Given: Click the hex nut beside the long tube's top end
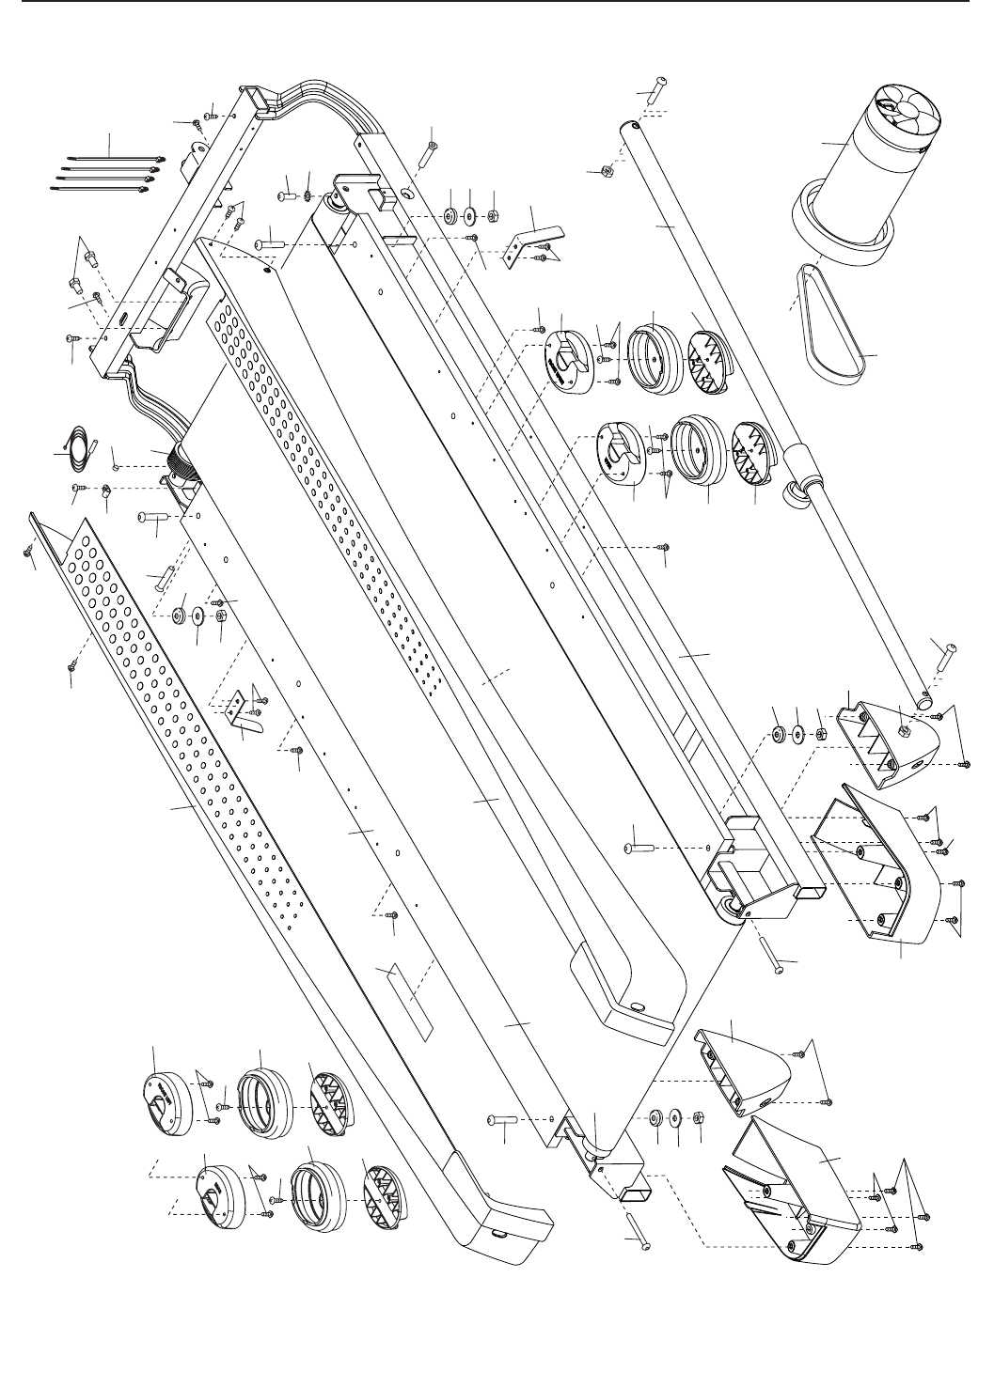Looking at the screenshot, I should pyautogui.click(x=606, y=171).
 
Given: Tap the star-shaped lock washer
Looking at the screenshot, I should pyautogui.click(x=307, y=196).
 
